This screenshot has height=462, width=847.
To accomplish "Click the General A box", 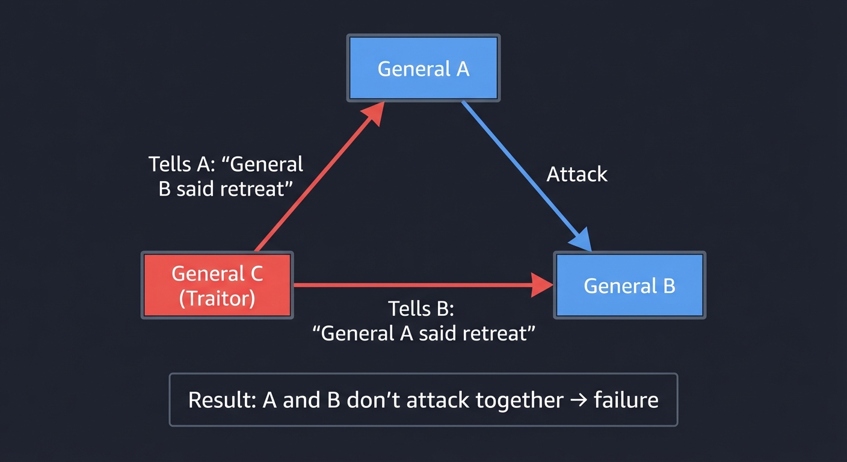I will (x=423, y=68).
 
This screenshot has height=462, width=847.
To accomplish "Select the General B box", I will (x=629, y=285).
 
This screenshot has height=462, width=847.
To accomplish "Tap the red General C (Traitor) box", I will (x=217, y=285).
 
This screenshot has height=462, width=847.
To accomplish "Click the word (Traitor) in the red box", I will (x=217, y=298).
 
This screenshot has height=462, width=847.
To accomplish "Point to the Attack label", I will (x=577, y=174).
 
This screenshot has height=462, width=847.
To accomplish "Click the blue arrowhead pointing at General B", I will (x=582, y=242).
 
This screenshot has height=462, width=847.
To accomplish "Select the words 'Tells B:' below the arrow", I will (x=420, y=309).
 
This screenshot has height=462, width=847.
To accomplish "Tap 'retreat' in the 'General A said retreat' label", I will (x=490, y=333).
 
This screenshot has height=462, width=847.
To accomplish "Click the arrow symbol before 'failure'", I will (x=578, y=400).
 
